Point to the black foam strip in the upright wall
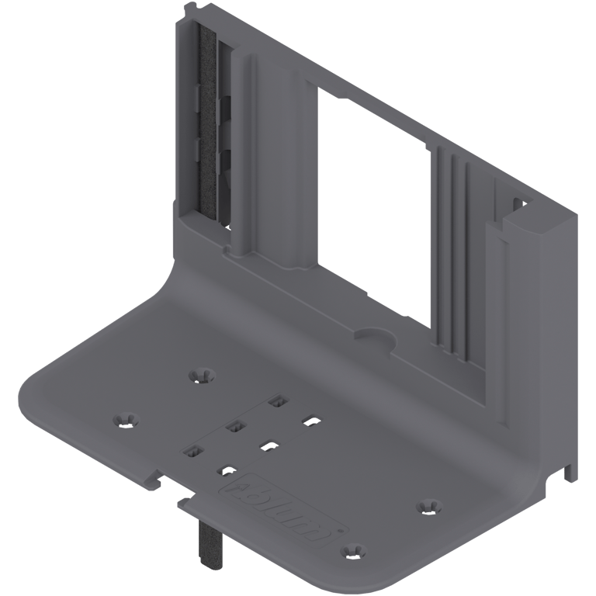[x=208, y=124]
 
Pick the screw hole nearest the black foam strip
[x=201, y=375]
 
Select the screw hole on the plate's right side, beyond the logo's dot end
[x=426, y=506]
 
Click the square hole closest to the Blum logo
[x=226, y=470]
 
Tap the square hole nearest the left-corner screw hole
[x=192, y=451]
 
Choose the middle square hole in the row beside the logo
[x=267, y=445]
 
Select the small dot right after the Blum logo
[x=340, y=533]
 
